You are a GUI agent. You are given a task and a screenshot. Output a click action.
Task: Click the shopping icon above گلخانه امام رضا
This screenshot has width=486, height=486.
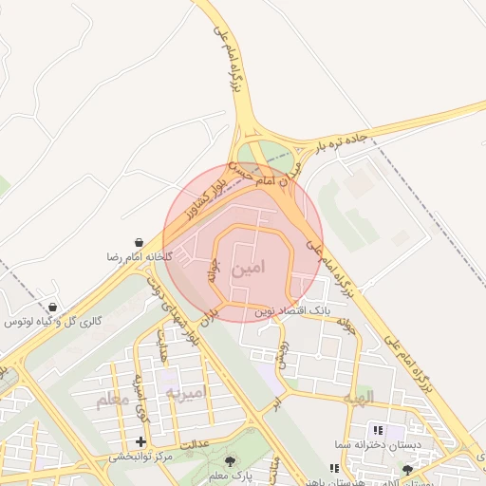tap(140, 244)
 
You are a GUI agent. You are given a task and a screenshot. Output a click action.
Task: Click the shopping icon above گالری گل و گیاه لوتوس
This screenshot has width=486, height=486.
tap(51, 308)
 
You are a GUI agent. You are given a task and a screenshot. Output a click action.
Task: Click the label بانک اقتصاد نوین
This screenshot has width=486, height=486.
tap(292, 310)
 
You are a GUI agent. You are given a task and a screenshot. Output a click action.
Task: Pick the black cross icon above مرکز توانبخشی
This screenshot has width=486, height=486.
tap(141, 441)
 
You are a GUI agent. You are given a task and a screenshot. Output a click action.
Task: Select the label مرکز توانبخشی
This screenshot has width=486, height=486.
tap(140, 457)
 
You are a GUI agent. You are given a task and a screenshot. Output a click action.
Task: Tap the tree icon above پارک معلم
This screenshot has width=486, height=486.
tap(230, 461)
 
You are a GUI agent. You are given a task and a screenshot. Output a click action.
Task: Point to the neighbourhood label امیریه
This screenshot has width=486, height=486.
tap(185, 392)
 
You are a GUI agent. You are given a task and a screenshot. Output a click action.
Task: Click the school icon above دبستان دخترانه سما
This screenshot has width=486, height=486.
tap(378, 430)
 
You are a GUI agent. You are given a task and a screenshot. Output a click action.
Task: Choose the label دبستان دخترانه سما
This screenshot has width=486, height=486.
tap(364, 444)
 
